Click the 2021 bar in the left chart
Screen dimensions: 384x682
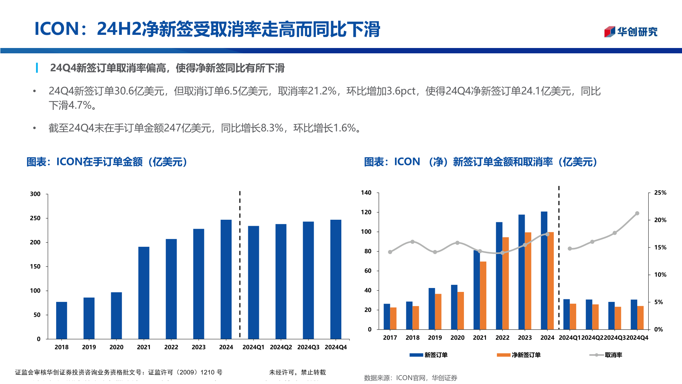[x=144, y=293]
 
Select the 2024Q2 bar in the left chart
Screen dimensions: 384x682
[x=281, y=281]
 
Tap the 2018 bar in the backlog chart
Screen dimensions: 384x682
[x=61, y=320]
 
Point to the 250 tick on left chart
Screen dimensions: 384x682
[x=35, y=218]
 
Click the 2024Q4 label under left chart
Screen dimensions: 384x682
[x=335, y=347]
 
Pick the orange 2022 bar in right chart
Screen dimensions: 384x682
[x=505, y=283]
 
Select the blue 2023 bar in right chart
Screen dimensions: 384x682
[x=521, y=272]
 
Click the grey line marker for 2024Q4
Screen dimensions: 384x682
[x=637, y=213]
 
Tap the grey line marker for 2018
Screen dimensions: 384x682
[x=412, y=242]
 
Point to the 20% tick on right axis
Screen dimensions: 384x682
[x=660, y=220]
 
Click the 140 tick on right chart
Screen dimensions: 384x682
[x=366, y=193]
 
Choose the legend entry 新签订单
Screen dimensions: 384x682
[x=428, y=355]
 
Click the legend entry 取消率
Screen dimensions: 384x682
[x=606, y=355]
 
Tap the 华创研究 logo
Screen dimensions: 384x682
[x=630, y=32]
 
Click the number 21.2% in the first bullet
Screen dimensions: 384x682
[x=322, y=91]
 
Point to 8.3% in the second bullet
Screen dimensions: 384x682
[x=272, y=128]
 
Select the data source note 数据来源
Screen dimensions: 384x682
[x=410, y=378]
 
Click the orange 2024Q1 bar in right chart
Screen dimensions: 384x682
[x=573, y=316]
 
